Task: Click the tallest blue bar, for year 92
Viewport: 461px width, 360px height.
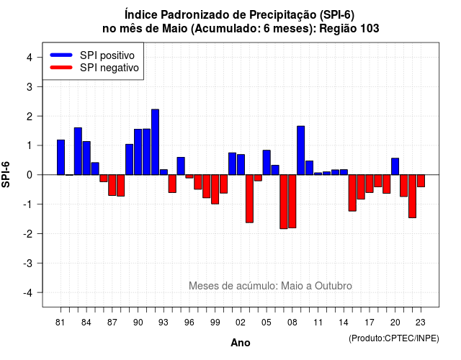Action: pyautogui.click(x=156, y=142)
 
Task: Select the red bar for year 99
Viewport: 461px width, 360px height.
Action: pyautogui.click(x=215, y=189)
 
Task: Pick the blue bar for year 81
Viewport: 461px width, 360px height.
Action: pyautogui.click(x=61, y=157)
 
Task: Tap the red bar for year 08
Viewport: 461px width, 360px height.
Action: pyautogui.click(x=292, y=202)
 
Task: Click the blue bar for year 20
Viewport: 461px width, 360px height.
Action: pyautogui.click(x=395, y=166)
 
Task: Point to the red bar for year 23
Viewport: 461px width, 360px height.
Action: pyautogui.click(x=421, y=181)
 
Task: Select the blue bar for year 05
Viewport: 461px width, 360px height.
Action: pyautogui.click(x=267, y=163)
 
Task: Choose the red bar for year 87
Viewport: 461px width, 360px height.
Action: pyautogui.click(x=112, y=185)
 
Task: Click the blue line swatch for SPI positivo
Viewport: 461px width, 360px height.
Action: pyautogui.click(x=61, y=55)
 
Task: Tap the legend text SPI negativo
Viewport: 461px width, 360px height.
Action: pyautogui.click(x=109, y=68)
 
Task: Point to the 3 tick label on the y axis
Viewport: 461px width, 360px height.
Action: pyautogui.click(x=29, y=86)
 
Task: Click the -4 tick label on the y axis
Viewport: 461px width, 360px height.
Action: pyautogui.click(x=27, y=292)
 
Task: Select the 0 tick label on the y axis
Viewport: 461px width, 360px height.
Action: pyautogui.click(x=29, y=175)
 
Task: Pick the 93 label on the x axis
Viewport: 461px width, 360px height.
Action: pyautogui.click(x=164, y=323)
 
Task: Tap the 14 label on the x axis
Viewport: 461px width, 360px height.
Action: pyautogui.click(x=344, y=323)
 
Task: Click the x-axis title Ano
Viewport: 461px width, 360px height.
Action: pyautogui.click(x=241, y=343)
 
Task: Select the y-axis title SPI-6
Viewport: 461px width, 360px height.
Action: pyautogui.click(x=6, y=174)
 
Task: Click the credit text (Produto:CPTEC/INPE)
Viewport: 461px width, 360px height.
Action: pyautogui.click(x=394, y=338)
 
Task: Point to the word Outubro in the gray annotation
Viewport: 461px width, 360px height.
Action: pyautogui.click(x=334, y=286)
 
